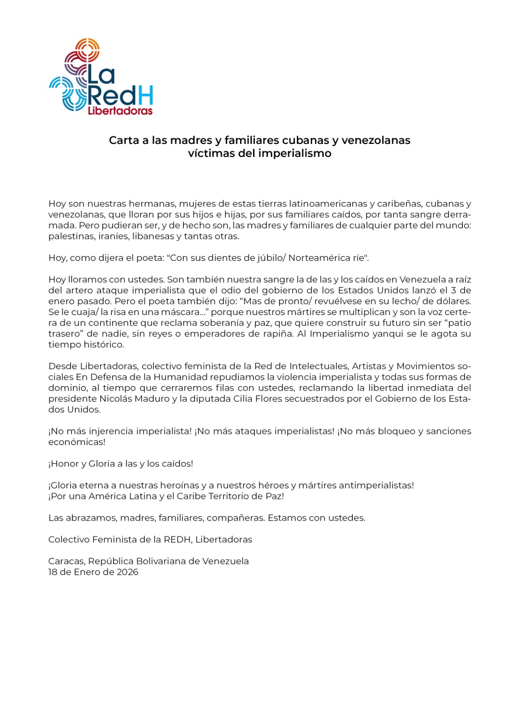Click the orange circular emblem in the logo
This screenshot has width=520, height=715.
tap(88, 49)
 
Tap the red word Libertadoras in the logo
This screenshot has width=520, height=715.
tap(120, 111)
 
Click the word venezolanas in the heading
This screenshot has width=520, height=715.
tap(376, 140)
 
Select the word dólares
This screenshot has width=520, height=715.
tap(453, 301)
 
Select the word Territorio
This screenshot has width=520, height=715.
tap(231, 496)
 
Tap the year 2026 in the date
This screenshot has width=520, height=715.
tap(127, 572)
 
